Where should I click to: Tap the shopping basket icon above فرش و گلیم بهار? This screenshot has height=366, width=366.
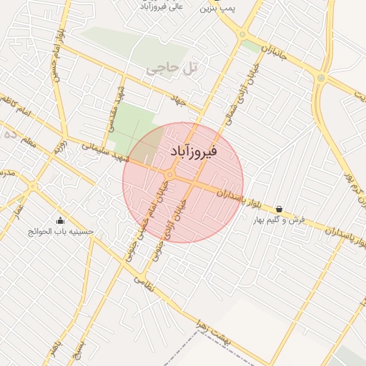tap(278, 209)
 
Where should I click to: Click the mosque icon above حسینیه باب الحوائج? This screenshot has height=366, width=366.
tap(61, 220)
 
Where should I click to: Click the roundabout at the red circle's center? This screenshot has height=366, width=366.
tap(171, 174)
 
